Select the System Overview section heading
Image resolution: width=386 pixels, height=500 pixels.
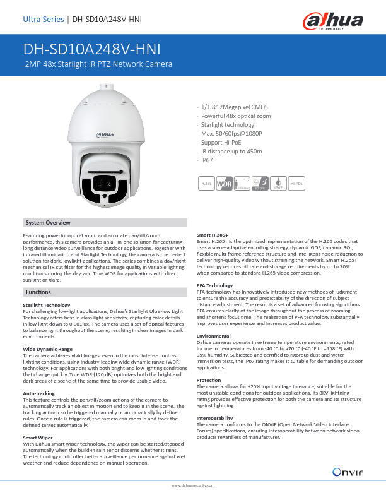point(48,223)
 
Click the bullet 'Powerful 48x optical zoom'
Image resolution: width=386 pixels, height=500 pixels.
point(236,116)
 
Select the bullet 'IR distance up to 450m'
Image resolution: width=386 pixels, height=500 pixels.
point(231,152)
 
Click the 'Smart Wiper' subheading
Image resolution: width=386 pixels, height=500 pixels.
point(38,437)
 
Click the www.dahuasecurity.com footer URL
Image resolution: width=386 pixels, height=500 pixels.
point(193,485)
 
